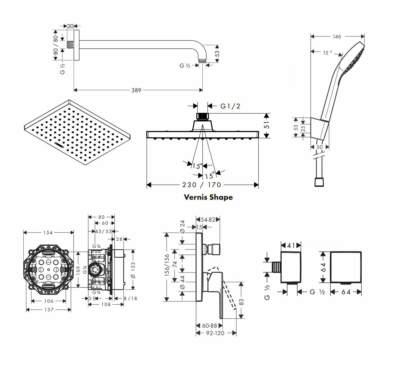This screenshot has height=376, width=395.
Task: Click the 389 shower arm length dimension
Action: (x=136, y=90)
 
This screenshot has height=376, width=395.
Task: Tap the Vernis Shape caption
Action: (x=208, y=197)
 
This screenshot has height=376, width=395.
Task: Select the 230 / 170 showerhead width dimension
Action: (x=202, y=185)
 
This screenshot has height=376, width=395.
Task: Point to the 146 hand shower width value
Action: (x=337, y=37)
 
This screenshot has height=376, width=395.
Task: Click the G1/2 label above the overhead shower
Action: (x=230, y=106)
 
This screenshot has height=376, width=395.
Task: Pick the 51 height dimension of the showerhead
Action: (x=266, y=125)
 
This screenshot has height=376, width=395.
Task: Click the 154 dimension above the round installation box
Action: (x=48, y=232)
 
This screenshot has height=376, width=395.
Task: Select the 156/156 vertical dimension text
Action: (x=167, y=265)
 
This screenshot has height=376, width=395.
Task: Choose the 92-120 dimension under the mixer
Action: (x=215, y=333)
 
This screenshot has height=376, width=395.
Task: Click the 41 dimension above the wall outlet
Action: (x=291, y=245)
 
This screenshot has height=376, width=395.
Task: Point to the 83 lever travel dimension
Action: (x=241, y=302)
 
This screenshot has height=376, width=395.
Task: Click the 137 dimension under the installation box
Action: (x=48, y=310)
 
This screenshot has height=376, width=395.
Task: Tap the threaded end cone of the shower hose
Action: (x=319, y=182)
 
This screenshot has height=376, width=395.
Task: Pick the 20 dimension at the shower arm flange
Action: (x=70, y=26)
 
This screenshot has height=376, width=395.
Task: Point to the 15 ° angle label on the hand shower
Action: (x=328, y=53)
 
